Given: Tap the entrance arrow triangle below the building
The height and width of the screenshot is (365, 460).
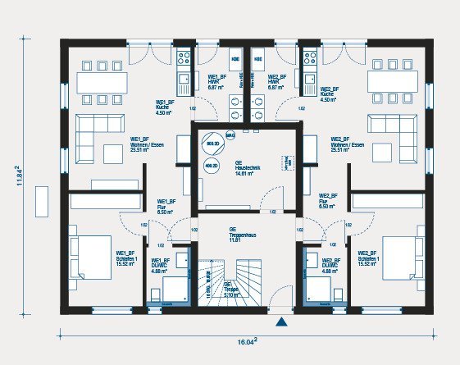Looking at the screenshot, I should coord(282,322).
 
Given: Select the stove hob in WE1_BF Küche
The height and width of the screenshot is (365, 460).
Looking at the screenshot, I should coord(183,58).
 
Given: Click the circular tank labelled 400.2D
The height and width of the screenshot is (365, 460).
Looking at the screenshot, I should coord(210,165).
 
